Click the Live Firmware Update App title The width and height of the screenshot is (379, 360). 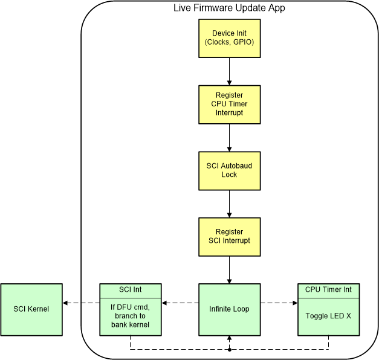point(229,8)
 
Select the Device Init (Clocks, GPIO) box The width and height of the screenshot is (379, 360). point(229,37)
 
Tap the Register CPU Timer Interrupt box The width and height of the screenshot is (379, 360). point(229,104)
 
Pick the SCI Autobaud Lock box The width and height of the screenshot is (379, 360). point(229,170)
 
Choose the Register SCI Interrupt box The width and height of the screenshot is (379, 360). point(229,236)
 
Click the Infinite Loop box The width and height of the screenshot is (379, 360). point(229,309)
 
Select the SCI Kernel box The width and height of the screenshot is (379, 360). point(31,309)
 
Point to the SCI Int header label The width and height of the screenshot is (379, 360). point(130,290)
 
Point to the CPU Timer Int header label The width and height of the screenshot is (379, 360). point(328,290)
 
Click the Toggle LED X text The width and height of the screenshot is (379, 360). point(328,315)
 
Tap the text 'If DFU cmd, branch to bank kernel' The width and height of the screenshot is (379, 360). point(130,315)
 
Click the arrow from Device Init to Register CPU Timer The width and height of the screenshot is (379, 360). point(229,71)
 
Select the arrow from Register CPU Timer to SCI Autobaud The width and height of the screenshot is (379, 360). point(229,137)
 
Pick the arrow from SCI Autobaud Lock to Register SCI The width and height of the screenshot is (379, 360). point(229,203)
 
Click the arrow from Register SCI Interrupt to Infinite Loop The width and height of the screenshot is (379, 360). point(229,269)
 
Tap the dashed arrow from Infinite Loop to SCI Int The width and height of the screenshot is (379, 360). point(180,304)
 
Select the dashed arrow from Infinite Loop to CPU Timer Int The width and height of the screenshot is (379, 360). point(279,304)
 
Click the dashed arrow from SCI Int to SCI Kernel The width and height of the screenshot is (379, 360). point(80,304)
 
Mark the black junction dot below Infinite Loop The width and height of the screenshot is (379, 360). point(229,349)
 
